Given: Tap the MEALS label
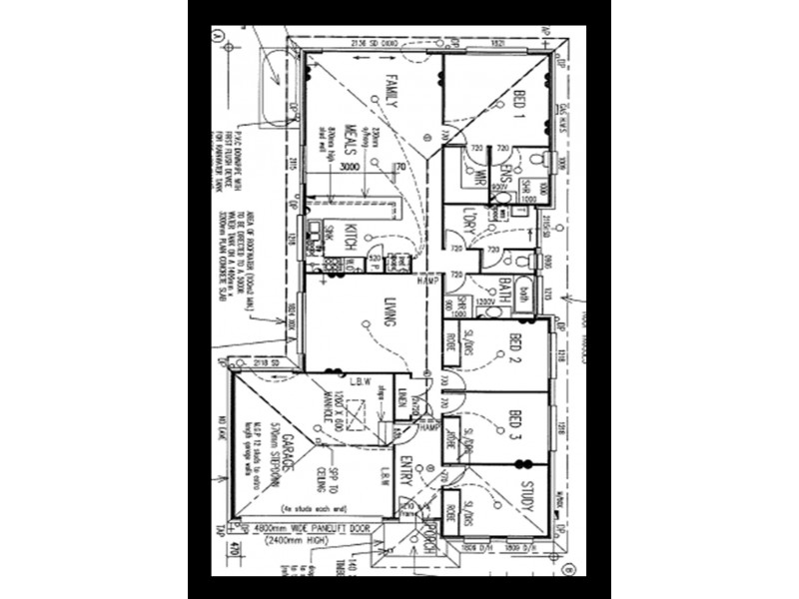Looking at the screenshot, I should click(x=352, y=140).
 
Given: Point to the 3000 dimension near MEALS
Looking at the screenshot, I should click(x=349, y=167).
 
